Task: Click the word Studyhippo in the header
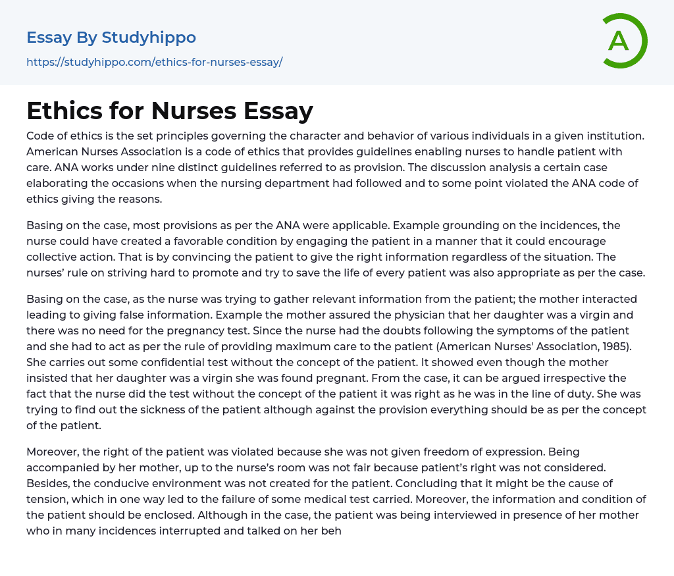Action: point(149,37)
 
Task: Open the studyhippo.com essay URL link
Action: point(154,62)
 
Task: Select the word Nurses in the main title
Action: point(192,111)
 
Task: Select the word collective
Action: point(57,257)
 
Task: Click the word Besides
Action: point(48,483)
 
